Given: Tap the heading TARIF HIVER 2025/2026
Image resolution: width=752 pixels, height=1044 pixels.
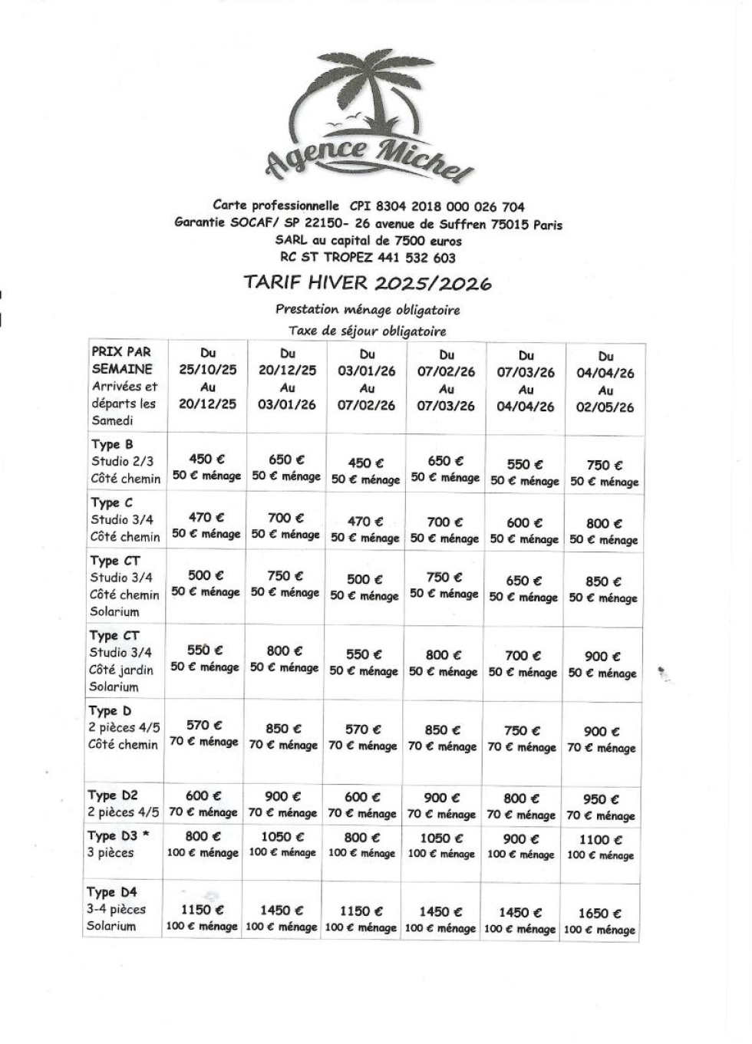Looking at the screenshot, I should [368, 282].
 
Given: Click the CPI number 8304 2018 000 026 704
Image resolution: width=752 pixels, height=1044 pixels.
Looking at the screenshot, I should [437, 206].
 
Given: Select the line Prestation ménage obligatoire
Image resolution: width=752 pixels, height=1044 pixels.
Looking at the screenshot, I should [368, 310].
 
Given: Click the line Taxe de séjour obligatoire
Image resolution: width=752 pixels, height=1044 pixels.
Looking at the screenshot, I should [368, 331].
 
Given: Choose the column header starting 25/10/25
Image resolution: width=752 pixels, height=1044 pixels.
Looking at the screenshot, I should [208, 379].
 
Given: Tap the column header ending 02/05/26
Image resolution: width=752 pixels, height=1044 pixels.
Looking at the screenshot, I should [605, 382].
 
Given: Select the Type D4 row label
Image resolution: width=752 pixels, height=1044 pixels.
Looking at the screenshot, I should [117, 909].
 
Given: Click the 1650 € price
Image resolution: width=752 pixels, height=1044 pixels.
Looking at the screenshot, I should [599, 913].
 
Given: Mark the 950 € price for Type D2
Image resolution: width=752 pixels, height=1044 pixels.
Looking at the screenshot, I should [601, 799].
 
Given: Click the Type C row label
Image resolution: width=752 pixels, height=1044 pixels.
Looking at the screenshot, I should [125, 519].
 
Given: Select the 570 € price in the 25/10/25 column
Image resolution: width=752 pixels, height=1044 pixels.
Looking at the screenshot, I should [204, 725].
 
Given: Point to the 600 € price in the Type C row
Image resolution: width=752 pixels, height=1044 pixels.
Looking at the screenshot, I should [524, 522].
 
